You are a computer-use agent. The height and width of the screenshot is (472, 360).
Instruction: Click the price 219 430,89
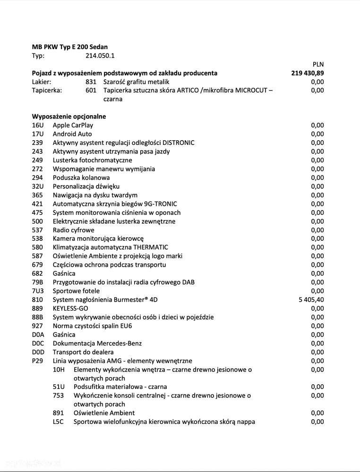(308, 73)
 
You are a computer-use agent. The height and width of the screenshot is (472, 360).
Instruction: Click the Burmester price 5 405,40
(311, 300)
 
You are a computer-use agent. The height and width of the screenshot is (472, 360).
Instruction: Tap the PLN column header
(318, 64)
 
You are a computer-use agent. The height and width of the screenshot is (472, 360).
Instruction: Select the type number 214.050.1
(100, 56)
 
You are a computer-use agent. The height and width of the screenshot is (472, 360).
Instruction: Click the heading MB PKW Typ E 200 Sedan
(69, 47)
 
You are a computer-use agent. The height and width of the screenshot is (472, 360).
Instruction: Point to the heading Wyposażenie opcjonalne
(69, 117)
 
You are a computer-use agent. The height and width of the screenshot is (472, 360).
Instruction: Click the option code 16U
(37, 126)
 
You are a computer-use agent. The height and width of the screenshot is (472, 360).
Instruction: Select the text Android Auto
(72, 134)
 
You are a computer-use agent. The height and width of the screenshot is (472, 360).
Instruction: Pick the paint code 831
(91, 82)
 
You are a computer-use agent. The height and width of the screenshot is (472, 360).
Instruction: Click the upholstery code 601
(91, 91)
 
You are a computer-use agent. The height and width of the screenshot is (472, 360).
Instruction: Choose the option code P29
(37, 361)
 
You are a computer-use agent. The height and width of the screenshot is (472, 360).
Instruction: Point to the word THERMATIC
(150, 247)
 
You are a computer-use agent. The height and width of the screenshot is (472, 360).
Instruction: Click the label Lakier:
(43, 82)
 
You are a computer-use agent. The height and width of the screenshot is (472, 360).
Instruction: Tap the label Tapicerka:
(47, 91)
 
